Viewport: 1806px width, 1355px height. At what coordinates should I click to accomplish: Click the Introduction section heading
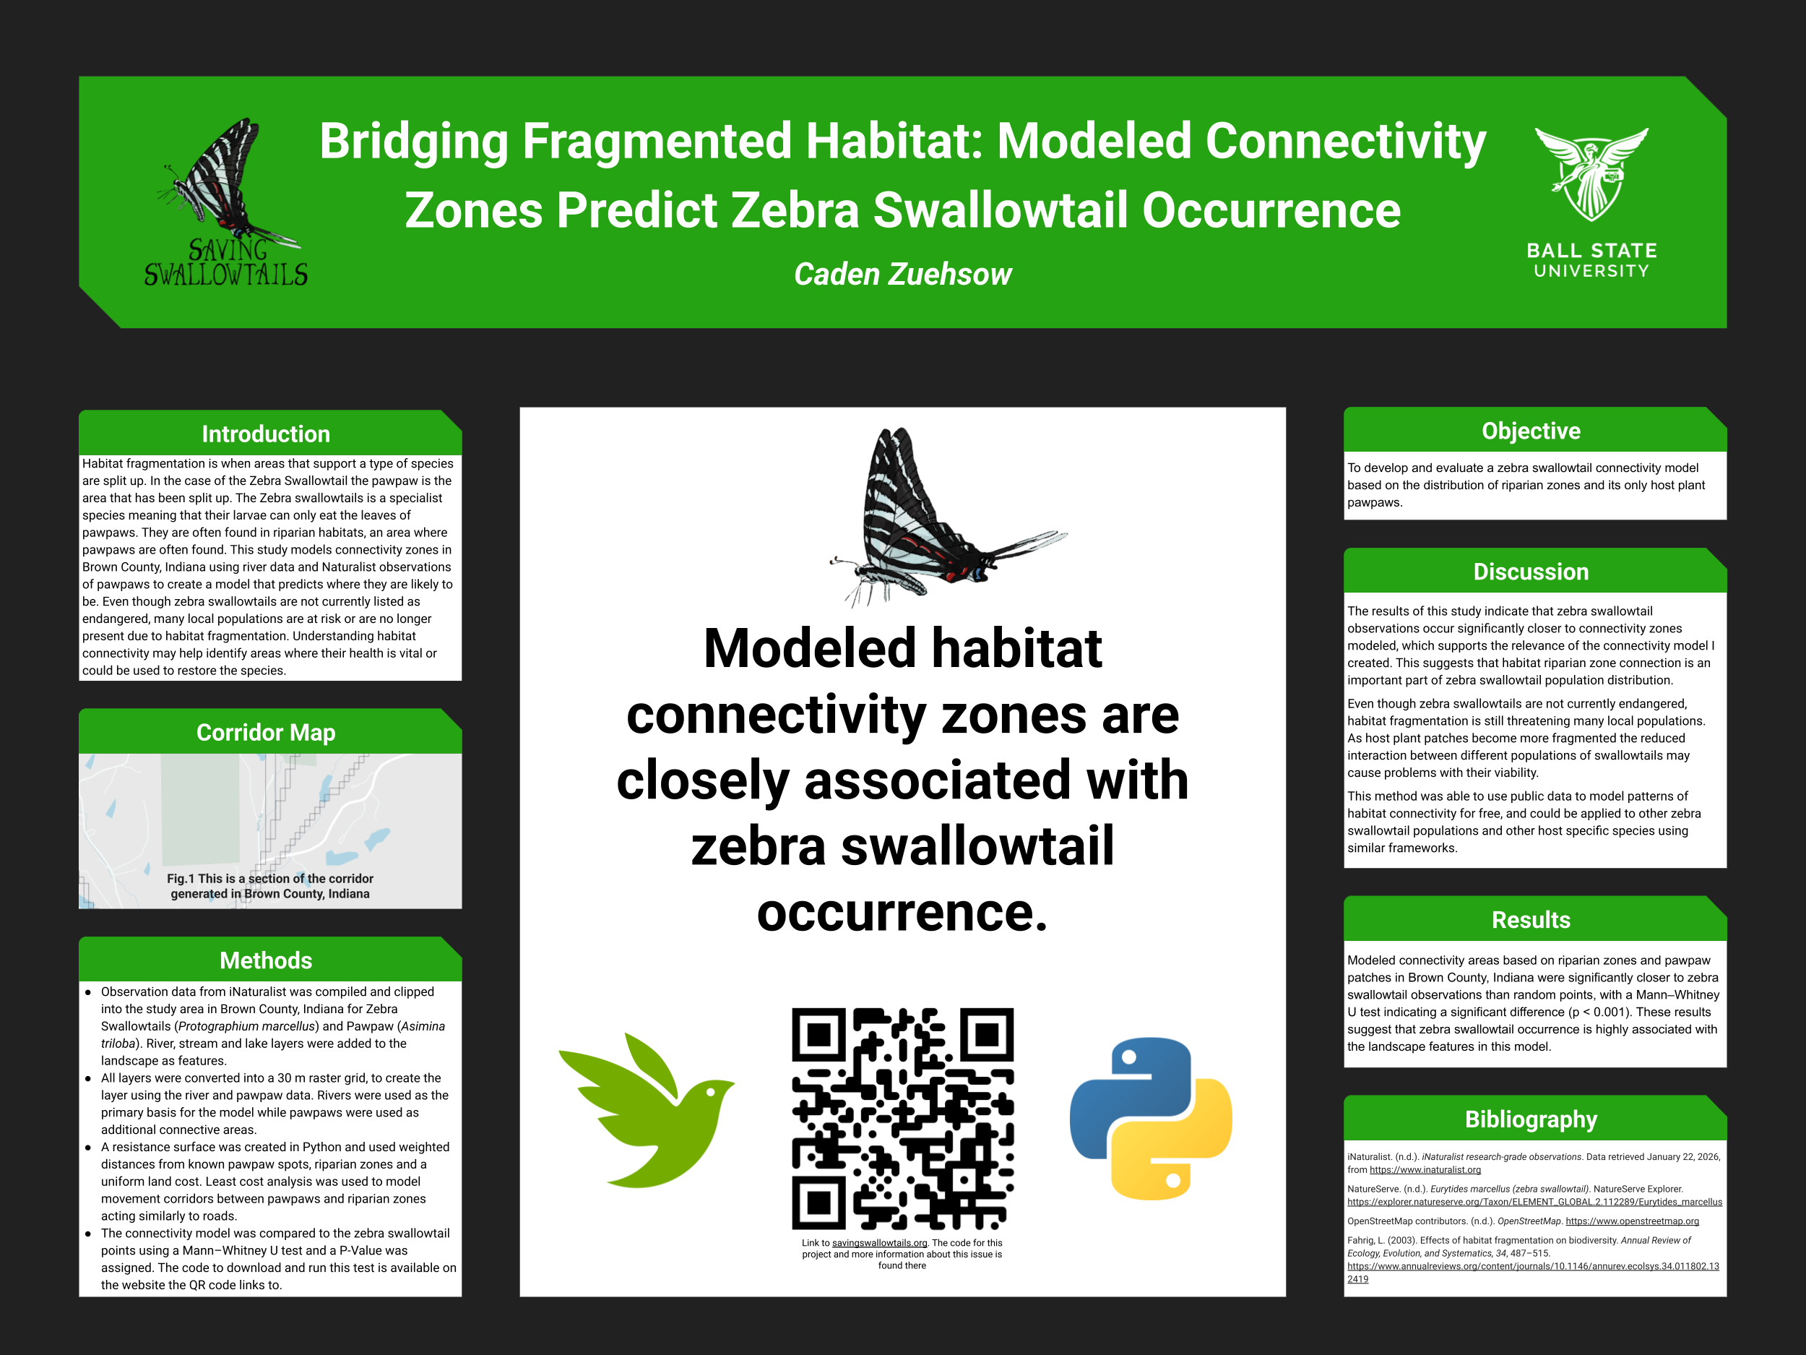pos(265,434)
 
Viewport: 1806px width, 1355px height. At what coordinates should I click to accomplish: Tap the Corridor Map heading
pos(265,733)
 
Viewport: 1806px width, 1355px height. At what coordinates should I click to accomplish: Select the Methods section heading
pos(265,960)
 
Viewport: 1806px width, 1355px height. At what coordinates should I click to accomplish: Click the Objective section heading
pos(1531,431)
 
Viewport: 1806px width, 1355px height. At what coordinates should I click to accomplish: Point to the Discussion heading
pos(1531,572)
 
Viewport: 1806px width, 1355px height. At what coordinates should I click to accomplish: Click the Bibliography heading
pos(1531,1119)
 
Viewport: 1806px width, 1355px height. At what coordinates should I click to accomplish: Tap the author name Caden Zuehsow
pos(902,275)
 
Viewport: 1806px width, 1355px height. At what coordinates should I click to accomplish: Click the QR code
pos(902,1118)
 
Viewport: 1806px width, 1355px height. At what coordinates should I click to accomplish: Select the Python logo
pos(1149,1118)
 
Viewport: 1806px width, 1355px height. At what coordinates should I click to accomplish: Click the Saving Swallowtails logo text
pos(226,264)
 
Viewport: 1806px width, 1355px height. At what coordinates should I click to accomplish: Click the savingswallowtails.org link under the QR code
pos(879,1243)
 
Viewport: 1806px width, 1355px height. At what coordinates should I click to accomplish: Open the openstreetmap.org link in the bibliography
pos(1631,1221)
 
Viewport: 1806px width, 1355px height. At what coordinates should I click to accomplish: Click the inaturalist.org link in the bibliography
pos(1425,1169)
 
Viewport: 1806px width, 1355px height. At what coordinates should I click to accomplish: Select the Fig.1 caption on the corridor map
pos(269,886)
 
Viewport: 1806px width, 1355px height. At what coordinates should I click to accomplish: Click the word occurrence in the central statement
pos(902,912)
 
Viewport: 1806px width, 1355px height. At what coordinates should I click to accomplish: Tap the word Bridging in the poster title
pos(414,142)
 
